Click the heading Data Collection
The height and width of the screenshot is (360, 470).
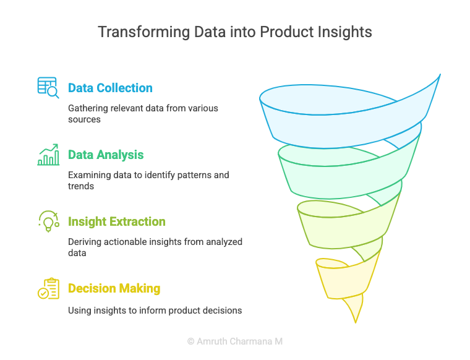tap(110, 88)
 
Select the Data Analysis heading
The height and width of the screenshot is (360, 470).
tap(106, 155)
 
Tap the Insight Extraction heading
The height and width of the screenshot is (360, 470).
tap(117, 221)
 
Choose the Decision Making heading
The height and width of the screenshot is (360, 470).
tap(114, 288)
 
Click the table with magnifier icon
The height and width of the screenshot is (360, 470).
tap(48, 88)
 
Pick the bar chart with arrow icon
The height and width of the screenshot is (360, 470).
tap(48, 155)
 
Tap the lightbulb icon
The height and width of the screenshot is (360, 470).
tap(49, 221)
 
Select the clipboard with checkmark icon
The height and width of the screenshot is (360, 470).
tap(49, 288)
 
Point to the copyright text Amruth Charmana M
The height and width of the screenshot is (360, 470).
tap(235, 341)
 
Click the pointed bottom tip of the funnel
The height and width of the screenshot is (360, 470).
tap(356, 323)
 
